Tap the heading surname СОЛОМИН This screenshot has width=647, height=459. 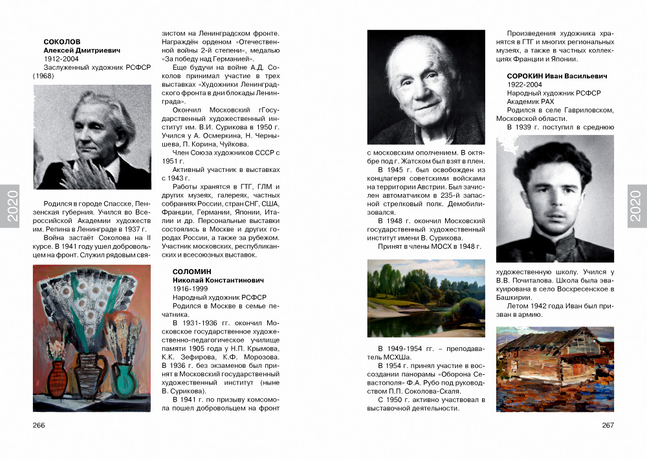(x=192, y=271)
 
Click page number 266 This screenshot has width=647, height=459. (x=39, y=425)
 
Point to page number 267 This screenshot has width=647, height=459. (x=608, y=425)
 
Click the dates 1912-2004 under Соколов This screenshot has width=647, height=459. (x=60, y=59)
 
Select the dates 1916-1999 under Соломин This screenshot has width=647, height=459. (x=189, y=288)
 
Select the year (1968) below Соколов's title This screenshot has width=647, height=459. (x=42, y=76)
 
